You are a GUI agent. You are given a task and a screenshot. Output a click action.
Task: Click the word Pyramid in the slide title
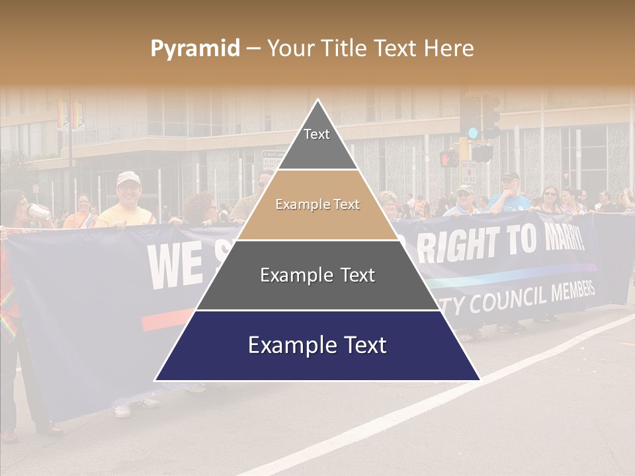tap(195, 49)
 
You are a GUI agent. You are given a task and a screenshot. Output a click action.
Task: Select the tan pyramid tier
tap(317, 205)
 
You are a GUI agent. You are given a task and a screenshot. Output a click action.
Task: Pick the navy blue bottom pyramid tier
tap(317, 345)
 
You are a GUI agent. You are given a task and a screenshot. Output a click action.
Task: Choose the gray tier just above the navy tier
tap(317, 275)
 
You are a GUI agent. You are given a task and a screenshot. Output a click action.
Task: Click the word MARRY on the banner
tap(562, 238)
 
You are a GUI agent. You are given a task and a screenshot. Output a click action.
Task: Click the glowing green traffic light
tap(472, 132)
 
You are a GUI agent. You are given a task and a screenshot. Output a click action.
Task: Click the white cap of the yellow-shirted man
tap(128, 177)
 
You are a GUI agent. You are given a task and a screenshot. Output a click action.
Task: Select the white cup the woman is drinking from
tap(40, 212)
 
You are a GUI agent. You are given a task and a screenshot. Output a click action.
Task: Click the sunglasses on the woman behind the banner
tap(550, 194)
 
